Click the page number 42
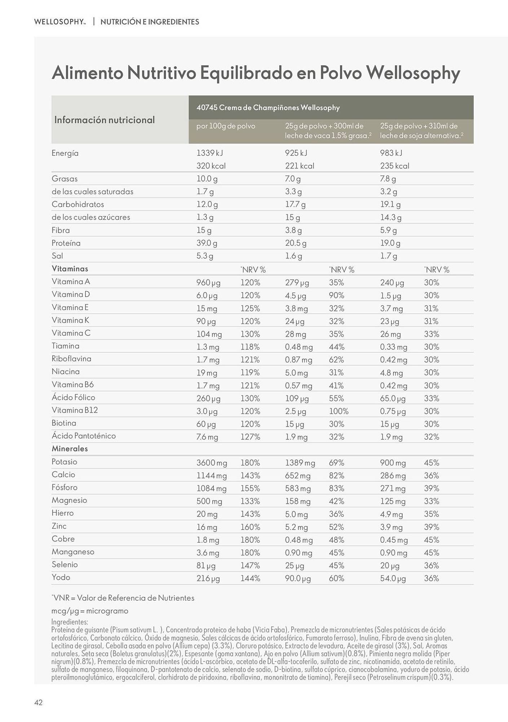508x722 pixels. click(39, 702)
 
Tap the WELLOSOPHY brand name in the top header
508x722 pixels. click(59, 22)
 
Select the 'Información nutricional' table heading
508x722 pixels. click(105, 120)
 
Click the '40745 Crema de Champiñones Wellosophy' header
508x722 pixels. click(268, 108)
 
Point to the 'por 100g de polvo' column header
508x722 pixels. click(226, 126)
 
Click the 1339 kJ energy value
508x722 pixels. click(210, 153)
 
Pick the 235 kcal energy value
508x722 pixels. click(394, 166)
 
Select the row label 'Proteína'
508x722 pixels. click(66, 243)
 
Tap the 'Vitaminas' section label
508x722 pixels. click(70, 269)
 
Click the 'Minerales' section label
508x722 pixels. click(70, 449)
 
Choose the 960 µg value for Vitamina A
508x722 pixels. click(208, 283)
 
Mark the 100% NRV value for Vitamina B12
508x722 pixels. click(339, 411)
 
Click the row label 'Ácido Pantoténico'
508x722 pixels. click(84, 436)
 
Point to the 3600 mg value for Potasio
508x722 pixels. click(212, 463)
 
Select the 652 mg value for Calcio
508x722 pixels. click(297, 476)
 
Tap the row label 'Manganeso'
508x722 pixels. click(73, 552)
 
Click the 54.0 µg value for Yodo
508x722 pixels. click(393, 579)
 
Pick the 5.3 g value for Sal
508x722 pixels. click(205, 256)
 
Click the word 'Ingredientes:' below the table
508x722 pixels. click(70, 622)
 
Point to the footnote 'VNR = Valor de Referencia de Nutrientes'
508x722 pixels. click(123, 598)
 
